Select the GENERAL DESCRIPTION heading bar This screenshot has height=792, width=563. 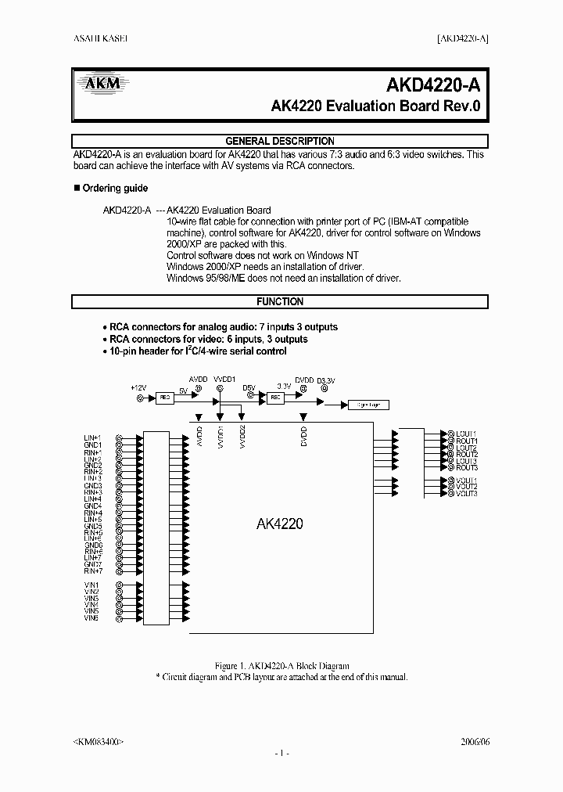coord(280,141)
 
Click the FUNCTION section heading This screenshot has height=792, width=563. coord(280,301)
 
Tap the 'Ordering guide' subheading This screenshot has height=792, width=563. coord(114,189)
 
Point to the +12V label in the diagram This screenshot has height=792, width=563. coord(138,387)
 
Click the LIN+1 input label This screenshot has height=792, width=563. coord(93,437)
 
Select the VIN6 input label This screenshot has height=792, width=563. coord(91,618)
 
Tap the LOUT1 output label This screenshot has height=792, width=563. coord(466,434)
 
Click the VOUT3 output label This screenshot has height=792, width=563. coord(466,494)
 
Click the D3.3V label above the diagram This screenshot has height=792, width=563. coord(326,380)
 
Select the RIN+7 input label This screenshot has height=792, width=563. coord(93,571)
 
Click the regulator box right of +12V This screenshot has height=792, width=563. coord(164,398)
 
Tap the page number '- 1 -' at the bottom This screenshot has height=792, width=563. coord(281,753)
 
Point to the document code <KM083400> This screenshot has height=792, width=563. coord(98,740)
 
